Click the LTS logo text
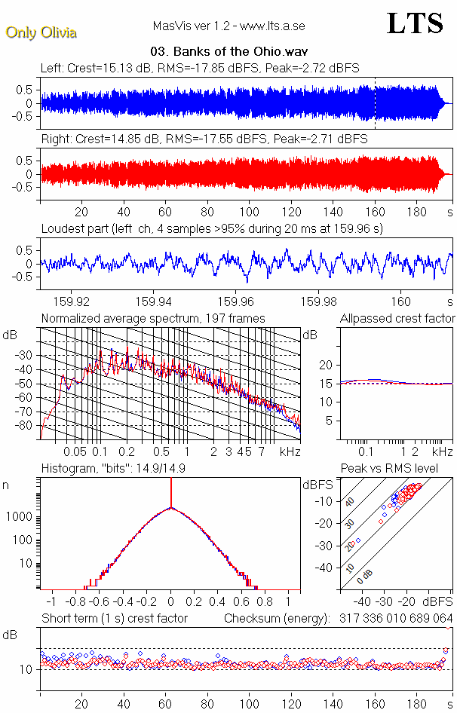point(415,23)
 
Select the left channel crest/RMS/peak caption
point(200,68)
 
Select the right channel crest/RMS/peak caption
point(204,139)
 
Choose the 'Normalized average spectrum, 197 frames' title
point(153,319)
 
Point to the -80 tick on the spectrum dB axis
point(27,426)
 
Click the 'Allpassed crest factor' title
point(397,319)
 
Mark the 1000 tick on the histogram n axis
point(21,518)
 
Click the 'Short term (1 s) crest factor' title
point(115,619)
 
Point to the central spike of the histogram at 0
point(171,497)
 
